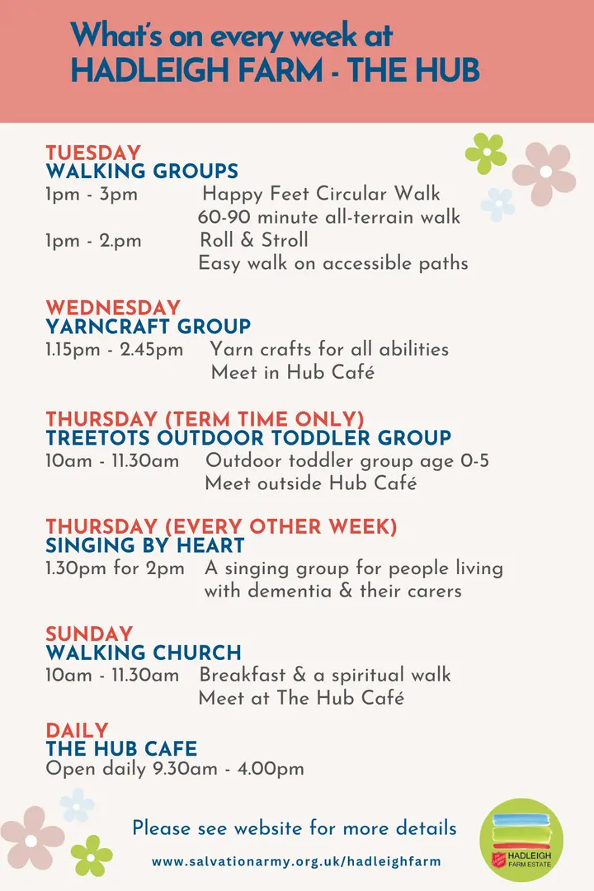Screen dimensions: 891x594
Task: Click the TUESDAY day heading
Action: pyautogui.click(x=93, y=153)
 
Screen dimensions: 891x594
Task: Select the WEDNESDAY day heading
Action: pyautogui.click(x=113, y=308)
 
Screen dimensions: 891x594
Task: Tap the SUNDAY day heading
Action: pyautogui.click(x=89, y=634)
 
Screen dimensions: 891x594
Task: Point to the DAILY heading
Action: pyautogui.click(x=77, y=731)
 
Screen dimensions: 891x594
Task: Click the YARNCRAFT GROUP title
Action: pyautogui.click(x=148, y=327)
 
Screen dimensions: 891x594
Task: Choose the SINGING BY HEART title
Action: pyautogui.click(x=145, y=545)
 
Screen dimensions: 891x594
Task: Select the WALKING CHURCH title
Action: pyautogui.click(x=144, y=653)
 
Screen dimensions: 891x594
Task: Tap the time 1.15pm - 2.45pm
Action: pyautogui.click(x=115, y=349)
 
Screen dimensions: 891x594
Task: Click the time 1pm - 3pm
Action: pyautogui.click(x=92, y=195)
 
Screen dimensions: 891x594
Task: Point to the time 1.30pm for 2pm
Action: pyautogui.click(x=115, y=568)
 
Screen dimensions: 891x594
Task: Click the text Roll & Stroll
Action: pyautogui.click(x=254, y=240)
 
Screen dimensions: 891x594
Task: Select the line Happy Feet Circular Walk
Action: pyautogui.click(x=321, y=195)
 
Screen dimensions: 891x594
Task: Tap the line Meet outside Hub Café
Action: pyautogui.click(x=310, y=483)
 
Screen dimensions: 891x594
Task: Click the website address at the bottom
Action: pyautogui.click(x=297, y=861)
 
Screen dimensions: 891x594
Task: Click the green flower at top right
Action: pyautogui.click(x=486, y=153)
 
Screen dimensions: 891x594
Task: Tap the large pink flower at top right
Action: pyautogui.click(x=544, y=172)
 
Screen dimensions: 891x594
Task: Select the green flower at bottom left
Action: pyautogui.click(x=91, y=855)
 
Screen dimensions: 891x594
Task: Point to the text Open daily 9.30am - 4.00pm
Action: pyautogui.click(x=175, y=769)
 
